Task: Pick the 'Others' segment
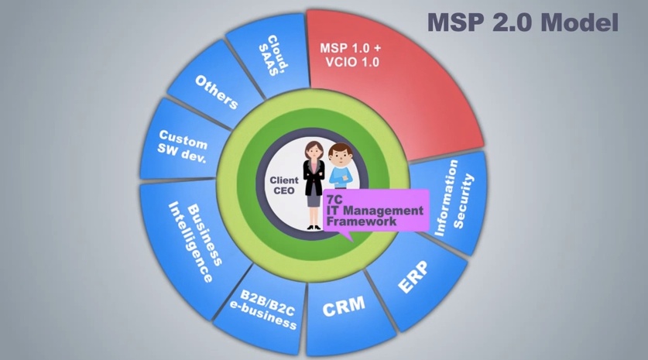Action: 216,91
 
